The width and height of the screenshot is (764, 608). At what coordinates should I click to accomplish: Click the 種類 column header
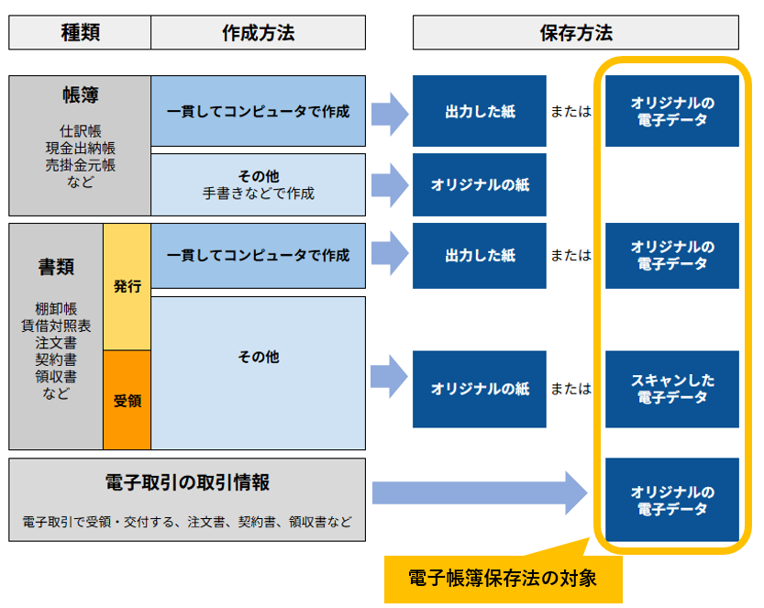80,33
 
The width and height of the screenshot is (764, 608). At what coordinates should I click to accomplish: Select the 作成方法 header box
258,33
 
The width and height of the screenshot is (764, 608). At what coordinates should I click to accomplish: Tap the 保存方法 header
575,33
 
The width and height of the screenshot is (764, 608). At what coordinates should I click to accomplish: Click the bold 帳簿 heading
80,96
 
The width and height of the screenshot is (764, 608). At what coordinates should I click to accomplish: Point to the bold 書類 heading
56,267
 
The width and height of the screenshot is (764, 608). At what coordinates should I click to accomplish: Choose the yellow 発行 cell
127,286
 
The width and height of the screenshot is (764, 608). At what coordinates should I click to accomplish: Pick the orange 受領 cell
127,401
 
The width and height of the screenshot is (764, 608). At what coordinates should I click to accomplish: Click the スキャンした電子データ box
671,389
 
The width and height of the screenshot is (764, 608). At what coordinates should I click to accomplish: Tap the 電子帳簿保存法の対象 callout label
503,578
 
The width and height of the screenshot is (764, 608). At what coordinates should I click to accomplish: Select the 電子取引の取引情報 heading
186,483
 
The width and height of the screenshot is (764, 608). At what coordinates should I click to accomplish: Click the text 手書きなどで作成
258,193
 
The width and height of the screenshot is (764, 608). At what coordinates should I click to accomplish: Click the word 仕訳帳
80,130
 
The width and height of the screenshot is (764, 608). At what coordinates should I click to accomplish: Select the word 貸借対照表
56,326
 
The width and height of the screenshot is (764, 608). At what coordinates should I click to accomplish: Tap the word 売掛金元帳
80,165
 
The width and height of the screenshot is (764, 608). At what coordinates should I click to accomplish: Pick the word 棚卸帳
56,308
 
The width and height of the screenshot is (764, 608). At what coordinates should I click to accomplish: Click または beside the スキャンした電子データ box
571,389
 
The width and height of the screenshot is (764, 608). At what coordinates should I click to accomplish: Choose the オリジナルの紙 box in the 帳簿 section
480,184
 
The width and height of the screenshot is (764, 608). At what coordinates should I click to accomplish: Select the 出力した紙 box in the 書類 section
480,256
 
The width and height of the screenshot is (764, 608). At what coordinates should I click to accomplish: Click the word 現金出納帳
80,148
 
